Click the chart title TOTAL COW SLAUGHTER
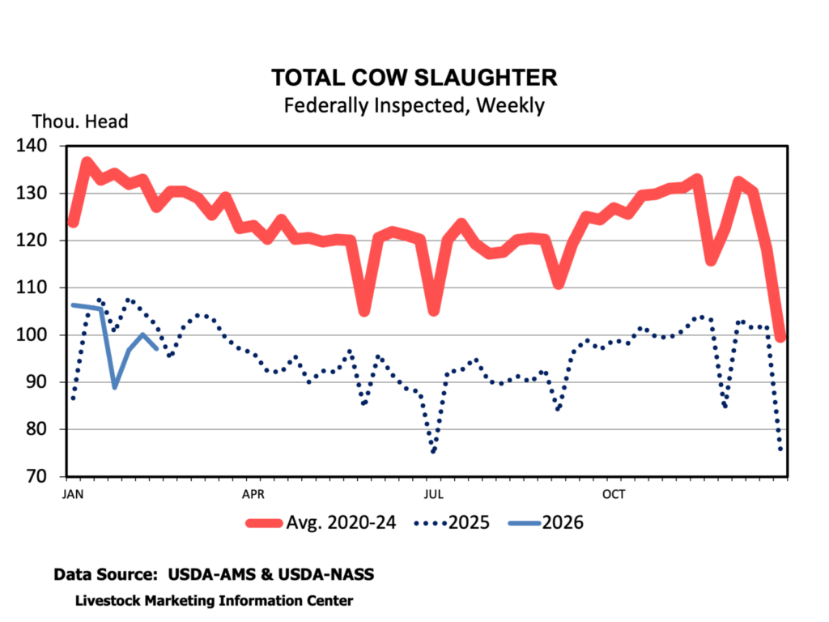point(414,78)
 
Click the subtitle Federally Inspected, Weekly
point(414,105)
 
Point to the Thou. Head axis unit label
point(80,122)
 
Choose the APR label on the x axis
point(253,492)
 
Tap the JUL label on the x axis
point(434,492)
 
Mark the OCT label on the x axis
point(614,492)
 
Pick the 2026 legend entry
point(546,522)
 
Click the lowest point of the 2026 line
point(115,386)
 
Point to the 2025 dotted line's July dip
point(434,451)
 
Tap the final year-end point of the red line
point(780,337)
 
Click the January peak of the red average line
point(87,163)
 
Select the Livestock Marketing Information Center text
point(214,601)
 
